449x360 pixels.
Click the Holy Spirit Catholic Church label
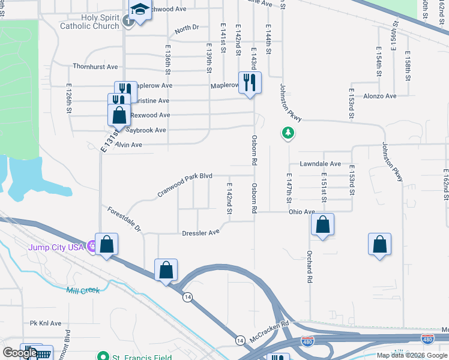pyautogui.click(x=89, y=22)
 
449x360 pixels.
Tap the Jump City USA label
pyautogui.click(x=58, y=247)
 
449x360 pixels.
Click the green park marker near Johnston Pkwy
pyautogui.click(x=288, y=133)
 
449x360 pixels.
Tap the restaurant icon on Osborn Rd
pyautogui.click(x=249, y=82)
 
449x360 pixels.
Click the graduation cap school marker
pyautogui.click(x=140, y=11)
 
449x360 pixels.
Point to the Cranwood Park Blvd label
pyautogui.click(x=185, y=184)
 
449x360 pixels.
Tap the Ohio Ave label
pyautogui.click(x=301, y=212)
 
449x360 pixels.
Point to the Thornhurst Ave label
pyautogui.click(x=95, y=67)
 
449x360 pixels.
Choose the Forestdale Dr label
pyautogui.click(x=124, y=220)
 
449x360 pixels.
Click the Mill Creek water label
pyautogui.click(x=83, y=290)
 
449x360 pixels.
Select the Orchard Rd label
pyautogui.click(x=310, y=267)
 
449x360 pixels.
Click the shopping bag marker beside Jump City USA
pyautogui.click(x=106, y=244)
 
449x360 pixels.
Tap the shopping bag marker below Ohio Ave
pyautogui.click(x=323, y=225)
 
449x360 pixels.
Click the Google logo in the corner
pyautogui.click(x=19, y=353)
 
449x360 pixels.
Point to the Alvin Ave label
pyautogui.click(x=128, y=145)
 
